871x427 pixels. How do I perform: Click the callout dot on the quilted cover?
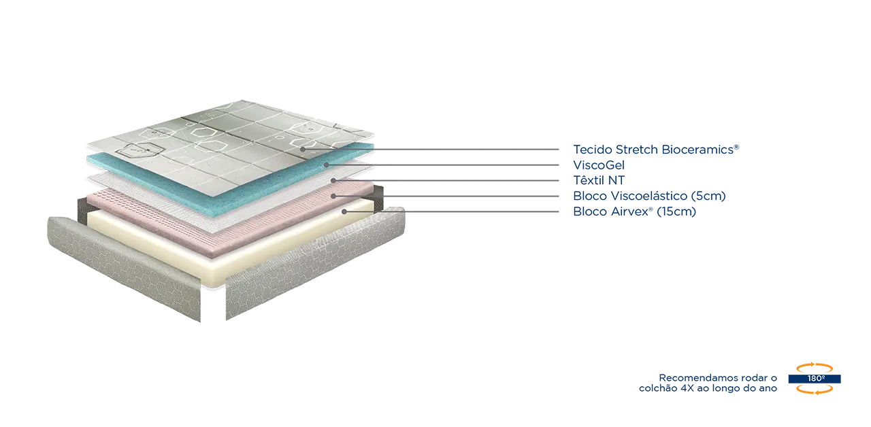point(302,149)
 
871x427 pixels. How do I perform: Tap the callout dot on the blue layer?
point(327,165)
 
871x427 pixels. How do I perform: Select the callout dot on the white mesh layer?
point(333,180)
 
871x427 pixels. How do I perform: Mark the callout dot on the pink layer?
point(333,196)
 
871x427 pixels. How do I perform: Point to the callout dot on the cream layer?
point(344,211)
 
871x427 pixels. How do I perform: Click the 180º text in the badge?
point(817,378)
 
